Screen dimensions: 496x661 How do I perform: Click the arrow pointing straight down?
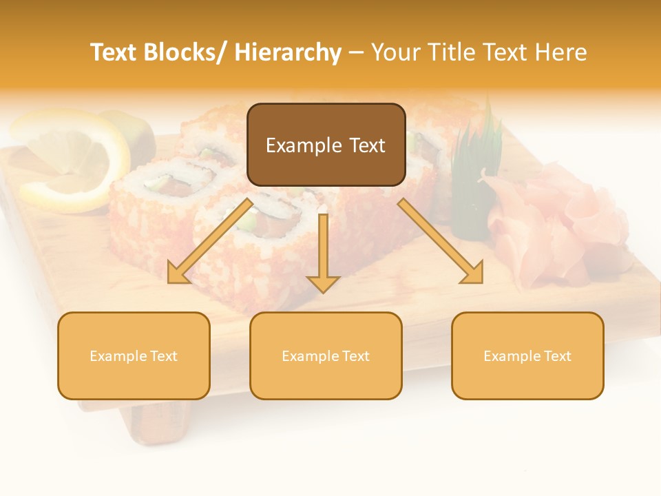pyautogui.click(x=323, y=255)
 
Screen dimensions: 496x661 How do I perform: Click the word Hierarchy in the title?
pyautogui.click(x=288, y=52)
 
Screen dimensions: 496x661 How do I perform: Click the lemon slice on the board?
pyautogui.click(x=69, y=158)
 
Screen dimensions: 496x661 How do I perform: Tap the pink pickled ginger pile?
pyautogui.click(x=551, y=220)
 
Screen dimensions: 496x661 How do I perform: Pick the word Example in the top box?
pyautogui.click(x=294, y=145)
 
